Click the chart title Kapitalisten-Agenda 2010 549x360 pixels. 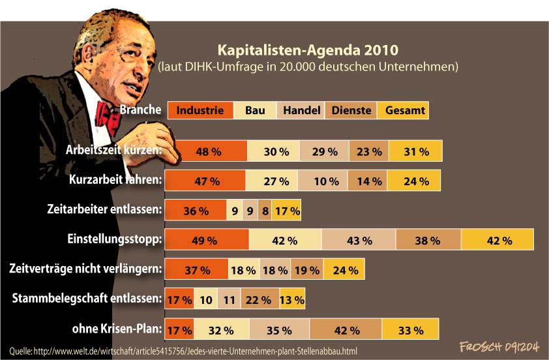pos(306,50)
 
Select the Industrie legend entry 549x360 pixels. pos(200,110)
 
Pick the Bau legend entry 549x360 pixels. pos(255,110)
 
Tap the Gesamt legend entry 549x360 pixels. pos(405,110)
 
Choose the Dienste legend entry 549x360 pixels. pos(351,110)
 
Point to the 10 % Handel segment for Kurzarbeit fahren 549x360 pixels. pos(323,181)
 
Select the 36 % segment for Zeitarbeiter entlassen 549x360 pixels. pos(195,211)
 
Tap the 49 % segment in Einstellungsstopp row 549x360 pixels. pos(206,241)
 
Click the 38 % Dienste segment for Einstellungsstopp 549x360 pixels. pos(427,241)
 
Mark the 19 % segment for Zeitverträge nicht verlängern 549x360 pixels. pos(306,270)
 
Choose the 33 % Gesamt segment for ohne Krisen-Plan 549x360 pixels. pos(410,329)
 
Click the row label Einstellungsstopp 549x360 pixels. pos(114,239)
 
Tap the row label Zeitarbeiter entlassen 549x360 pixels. pos(104,210)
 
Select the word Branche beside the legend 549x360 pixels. pos(140,110)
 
